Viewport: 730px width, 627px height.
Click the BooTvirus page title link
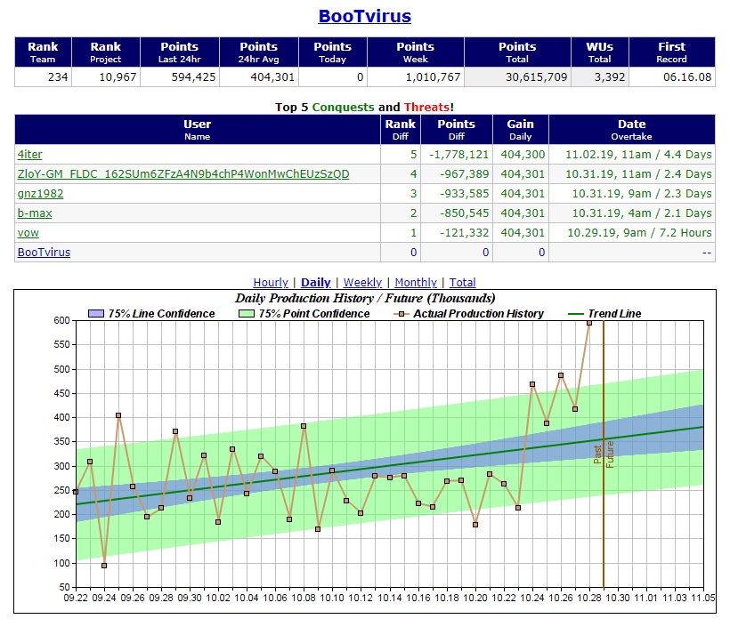point(365,16)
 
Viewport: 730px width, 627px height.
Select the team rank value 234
point(58,77)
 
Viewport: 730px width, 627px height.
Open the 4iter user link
point(29,154)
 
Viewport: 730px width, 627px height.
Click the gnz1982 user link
point(40,193)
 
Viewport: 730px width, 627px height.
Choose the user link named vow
point(28,232)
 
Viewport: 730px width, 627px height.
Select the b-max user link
point(35,213)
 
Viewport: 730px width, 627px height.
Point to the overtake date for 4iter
point(631,154)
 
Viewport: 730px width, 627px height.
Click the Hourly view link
point(271,283)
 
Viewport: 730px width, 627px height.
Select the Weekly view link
point(362,283)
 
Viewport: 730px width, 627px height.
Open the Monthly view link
point(416,283)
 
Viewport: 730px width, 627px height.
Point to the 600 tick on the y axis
point(61,321)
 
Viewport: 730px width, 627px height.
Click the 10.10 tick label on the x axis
point(332,599)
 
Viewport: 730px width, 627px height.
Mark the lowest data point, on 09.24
point(104,566)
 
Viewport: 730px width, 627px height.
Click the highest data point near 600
point(589,323)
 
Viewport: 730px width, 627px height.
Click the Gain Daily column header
point(520,130)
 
